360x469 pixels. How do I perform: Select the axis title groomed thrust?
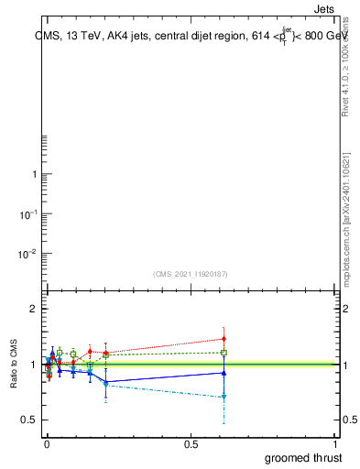(x=302, y=458)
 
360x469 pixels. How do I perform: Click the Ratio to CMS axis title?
(x=15, y=364)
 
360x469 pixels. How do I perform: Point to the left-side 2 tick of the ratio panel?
(x=35, y=309)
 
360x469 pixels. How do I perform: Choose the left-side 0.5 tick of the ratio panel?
(x=29, y=420)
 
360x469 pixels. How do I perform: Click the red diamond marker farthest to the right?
(x=224, y=339)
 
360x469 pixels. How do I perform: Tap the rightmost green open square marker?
(x=224, y=352)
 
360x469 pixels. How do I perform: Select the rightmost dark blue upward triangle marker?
(x=224, y=373)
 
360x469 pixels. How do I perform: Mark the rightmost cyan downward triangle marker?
(x=224, y=397)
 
